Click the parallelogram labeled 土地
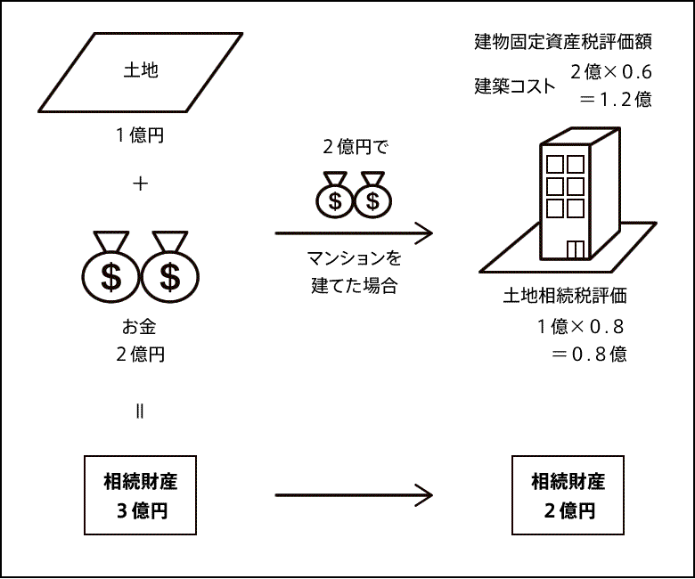click(141, 72)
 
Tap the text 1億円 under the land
click(140, 136)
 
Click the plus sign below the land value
click(140, 184)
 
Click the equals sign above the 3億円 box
click(140, 412)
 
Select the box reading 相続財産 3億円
click(141, 495)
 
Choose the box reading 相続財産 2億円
click(568, 495)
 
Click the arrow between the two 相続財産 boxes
click(354, 495)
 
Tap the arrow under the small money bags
click(354, 233)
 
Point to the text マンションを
click(354, 260)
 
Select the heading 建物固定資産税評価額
click(562, 42)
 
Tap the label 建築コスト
click(514, 86)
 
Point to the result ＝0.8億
click(588, 354)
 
